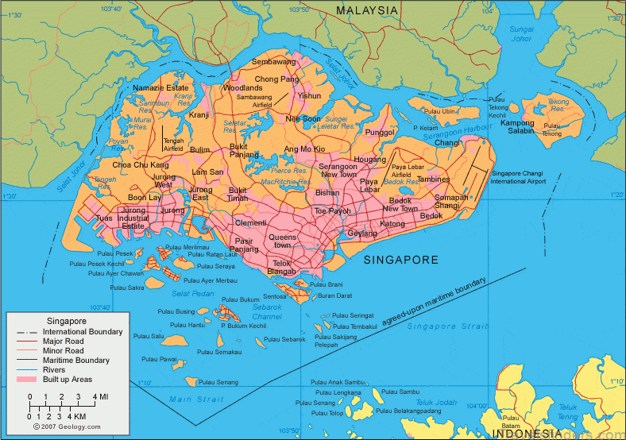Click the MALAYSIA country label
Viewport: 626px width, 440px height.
pyautogui.click(x=366, y=10)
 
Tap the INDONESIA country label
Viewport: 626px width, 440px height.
pyautogui.click(x=526, y=433)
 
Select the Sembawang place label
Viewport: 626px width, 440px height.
pyautogui.click(x=273, y=61)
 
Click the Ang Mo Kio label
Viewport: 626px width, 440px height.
pyautogui.click(x=304, y=149)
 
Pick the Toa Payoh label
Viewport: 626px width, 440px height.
pyautogui.click(x=332, y=211)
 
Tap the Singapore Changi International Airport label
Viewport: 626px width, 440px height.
pyautogui.click(x=519, y=177)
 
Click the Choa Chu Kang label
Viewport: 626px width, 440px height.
pyautogui.click(x=140, y=164)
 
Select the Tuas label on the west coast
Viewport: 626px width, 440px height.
pyautogui.click(x=104, y=218)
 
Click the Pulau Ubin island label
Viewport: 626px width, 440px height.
pyautogui.click(x=441, y=112)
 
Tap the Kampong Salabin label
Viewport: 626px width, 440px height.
pyautogui.click(x=516, y=126)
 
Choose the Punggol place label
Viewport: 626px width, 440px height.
pyautogui.click(x=380, y=132)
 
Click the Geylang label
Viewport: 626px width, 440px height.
pyautogui.click(x=362, y=234)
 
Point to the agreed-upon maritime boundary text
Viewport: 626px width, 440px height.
pyautogui.click(x=435, y=300)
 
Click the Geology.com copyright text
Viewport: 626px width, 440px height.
pyautogui.click(x=68, y=426)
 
